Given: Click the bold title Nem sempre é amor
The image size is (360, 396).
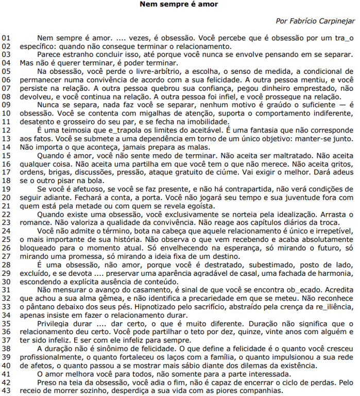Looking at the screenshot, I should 179,5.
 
